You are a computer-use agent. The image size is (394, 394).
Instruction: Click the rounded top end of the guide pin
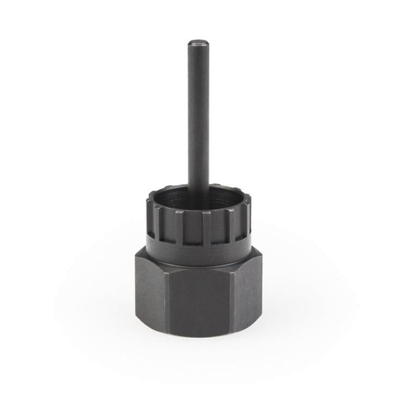pyautogui.click(x=197, y=42)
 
